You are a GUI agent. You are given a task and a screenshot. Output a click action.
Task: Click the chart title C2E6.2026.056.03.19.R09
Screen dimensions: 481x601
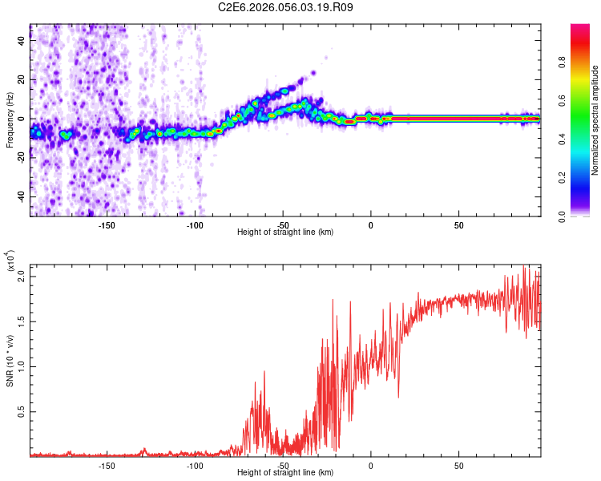click(x=286, y=7)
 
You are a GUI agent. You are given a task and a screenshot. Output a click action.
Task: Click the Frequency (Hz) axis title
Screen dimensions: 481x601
click(x=10, y=119)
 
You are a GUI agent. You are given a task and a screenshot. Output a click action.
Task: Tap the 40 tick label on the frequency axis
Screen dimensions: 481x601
click(x=22, y=42)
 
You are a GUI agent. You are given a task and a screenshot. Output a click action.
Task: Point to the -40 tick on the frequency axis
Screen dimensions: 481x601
click(x=20, y=196)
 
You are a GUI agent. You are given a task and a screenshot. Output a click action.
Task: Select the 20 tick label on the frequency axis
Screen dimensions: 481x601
click(x=22, y=80)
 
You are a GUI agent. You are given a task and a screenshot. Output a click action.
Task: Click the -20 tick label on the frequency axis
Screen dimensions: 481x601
click(x=20, y=158)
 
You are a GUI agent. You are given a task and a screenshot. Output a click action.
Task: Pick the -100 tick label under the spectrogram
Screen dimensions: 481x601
click(x=195, y=224)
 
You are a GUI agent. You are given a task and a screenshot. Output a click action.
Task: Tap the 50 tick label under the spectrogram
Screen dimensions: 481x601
click(x=458, y=224)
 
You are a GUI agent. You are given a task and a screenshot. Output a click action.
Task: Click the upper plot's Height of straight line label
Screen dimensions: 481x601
click(x=285, y=232)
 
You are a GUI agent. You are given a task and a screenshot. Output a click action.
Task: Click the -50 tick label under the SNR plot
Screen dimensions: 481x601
click(x=283, y=465)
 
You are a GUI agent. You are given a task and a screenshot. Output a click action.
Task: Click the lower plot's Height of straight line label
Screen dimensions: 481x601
click(x=285, y=473)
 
